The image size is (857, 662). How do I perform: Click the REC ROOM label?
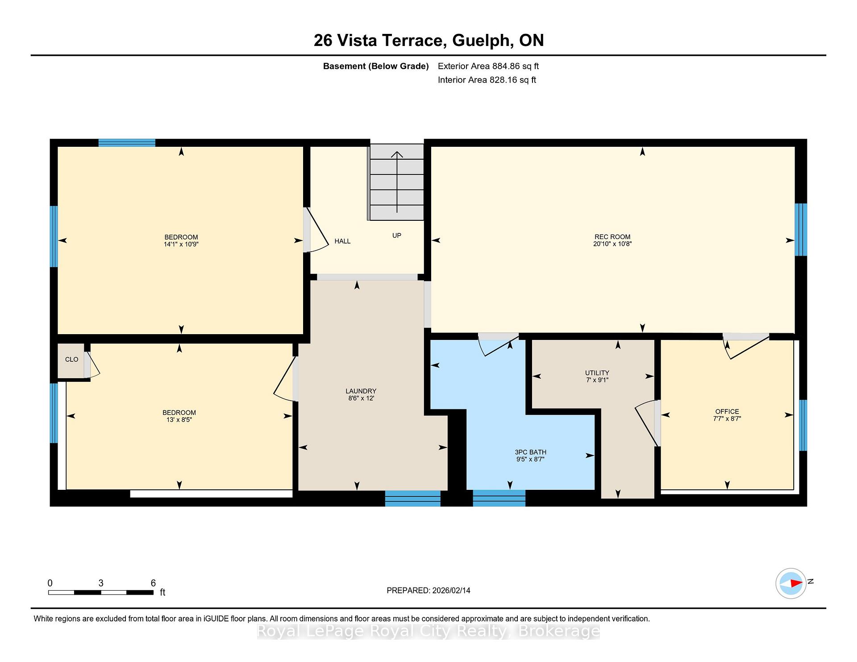coord(612,237)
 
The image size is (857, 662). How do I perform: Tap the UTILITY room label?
coord(597,373)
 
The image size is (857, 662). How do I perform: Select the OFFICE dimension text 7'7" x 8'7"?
coord(727,419)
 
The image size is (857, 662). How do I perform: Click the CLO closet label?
coord(71,360)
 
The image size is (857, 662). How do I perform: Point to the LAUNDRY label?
coord(361,391)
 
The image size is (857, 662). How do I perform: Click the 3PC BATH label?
coord(530,452)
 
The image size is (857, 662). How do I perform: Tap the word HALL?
coord(342,241)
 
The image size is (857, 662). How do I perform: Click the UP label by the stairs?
coord(397,236)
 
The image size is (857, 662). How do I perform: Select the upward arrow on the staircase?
coord(397,182)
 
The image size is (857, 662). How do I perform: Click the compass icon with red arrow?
coord(791,583)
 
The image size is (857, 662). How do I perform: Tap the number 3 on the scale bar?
coord(101,583)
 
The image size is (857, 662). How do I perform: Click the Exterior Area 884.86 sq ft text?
coord(488,66)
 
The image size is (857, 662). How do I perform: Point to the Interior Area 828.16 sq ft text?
coord(487,80)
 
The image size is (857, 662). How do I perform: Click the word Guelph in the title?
coord(481,41)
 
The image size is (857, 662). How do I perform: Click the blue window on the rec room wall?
coord(801,230)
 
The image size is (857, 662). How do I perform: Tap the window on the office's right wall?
coord(803,425)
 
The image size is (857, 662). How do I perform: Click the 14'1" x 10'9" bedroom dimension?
coord(181,244)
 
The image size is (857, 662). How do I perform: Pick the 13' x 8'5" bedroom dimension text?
coord(179,420)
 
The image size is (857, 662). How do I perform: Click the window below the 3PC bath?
coord(499,498)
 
